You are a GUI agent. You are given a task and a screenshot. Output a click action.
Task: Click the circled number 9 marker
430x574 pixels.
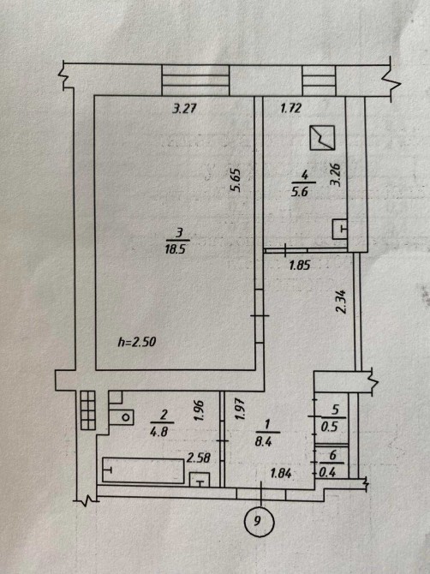[x=259, y=521]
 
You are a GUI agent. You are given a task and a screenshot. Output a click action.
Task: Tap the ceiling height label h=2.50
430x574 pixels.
[x=137, y=342]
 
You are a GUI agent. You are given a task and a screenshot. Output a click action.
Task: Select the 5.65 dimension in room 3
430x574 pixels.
[x=235, y=180]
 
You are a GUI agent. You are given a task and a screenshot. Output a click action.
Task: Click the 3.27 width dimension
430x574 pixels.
[x=185, y=109]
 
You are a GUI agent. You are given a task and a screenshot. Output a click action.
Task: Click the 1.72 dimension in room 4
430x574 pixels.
[x=290, y=108]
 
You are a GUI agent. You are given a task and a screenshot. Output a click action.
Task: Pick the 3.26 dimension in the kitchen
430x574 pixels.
[x=336, y=175]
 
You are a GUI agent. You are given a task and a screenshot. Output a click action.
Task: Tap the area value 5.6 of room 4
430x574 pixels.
[x=299, y=193]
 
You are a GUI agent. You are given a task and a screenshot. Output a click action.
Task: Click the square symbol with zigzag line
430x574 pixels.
[x=322, y=138]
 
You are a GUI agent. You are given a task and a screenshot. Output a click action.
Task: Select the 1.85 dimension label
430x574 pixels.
[x=300, y=265]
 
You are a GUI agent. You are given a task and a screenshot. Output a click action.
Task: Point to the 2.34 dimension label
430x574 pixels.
[x=341, y=302]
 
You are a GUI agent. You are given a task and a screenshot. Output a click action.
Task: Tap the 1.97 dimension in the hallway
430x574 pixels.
[x=239, y=409]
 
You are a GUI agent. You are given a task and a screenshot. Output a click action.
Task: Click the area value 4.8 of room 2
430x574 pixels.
[x=158, y=432]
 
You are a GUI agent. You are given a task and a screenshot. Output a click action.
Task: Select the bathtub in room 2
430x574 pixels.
[x=143, y=470]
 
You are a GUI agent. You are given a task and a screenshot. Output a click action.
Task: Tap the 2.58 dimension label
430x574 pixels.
[x=199, y=457]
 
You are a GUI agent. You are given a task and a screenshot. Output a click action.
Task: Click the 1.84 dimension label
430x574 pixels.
[x=281, y=474]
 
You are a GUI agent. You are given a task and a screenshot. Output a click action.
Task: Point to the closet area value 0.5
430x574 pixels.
[x=330, y=428]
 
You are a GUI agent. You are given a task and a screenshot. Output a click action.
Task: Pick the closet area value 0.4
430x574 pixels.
[x=327, y=473]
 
